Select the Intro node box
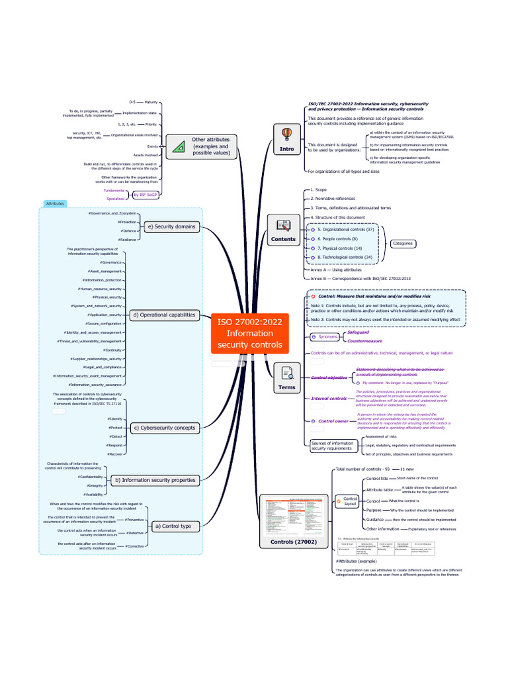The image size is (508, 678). pyautogui.click(x=286, y=140)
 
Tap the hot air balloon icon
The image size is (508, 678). pyautogui.click(x=286, y=134)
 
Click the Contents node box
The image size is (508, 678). pyautogui.click(x=283, y=230)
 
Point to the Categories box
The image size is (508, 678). pyautogui.click(x=403, y=244)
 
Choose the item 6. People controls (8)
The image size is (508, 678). pyautogui.click(x=337, y=238)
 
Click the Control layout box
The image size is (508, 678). pyautogui.click(x=350, y=501)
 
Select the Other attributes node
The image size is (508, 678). pyautogui.click(x=202, y=146)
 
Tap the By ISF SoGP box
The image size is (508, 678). pyautogui.click(x=145, y=195)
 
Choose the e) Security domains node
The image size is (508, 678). pyautogui.click(x=171, y=226)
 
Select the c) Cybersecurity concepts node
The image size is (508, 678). pyautogui.click(x=164, y=428)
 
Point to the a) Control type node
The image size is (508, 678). pyautogui.click(x=172, y=526)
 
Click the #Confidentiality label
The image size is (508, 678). pyautogui.click(x=90, y=477)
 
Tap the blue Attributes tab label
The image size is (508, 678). pyautogui.click(x=55, y=204)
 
